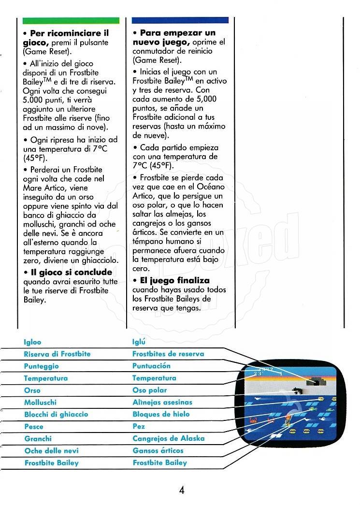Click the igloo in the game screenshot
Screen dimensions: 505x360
pyautogui.click(x=317, y=382)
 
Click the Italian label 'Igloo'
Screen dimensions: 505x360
pyautogui.click(x=32, y=342)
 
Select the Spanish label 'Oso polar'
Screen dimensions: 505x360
pyautogui.click(x=149, y=390)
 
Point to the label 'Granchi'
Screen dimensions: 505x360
pyautogui.click(x=38, y=438)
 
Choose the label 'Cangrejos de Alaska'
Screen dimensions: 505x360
pyautogui.click(x=168, y=438)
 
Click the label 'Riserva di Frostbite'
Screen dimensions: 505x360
pyautogui.click(x=57, y=354)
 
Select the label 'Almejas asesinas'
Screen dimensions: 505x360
pyautogui.click(x=162, y=402)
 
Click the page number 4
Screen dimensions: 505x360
pyautogui.click(x=182, y=490)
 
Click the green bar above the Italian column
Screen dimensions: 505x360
pyautogui.click(x=71, y=21)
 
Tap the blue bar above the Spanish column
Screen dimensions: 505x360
pyautogui.click(x=180, y=21)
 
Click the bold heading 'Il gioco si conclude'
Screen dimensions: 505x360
pyautogui.click(x=71, y=273)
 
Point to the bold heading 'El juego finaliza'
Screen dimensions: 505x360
pyautogui.click(x=175, y=280)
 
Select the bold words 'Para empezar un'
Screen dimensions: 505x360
pyautogui.click(x=178, y=33)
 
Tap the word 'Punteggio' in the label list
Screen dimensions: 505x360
pyautogui.click(x=41, y=366)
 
